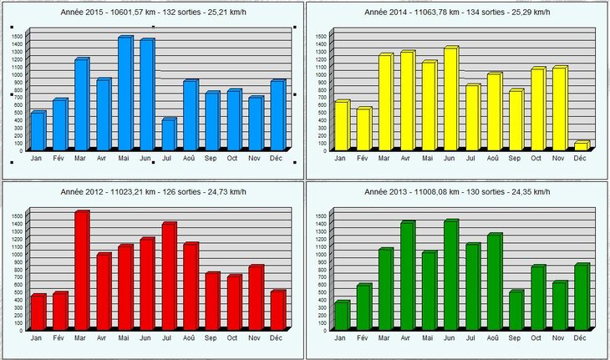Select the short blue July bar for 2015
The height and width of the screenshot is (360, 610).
168,134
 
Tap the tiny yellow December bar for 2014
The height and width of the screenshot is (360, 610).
580,146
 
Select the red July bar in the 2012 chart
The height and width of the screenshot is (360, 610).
168,276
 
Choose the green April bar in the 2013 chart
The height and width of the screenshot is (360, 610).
406,276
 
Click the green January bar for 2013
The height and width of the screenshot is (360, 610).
341,316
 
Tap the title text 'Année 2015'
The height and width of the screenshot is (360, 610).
84,14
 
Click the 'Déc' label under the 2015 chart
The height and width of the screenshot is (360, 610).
275,157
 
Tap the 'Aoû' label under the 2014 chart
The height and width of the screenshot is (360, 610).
493,157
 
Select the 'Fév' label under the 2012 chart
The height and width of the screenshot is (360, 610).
58,337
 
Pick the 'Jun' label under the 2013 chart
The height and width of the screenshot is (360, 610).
450,337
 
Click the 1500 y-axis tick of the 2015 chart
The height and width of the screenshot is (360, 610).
17,36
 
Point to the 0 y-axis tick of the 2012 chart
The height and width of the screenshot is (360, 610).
20,331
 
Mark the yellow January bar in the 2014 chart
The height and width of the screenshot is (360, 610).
341,125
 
